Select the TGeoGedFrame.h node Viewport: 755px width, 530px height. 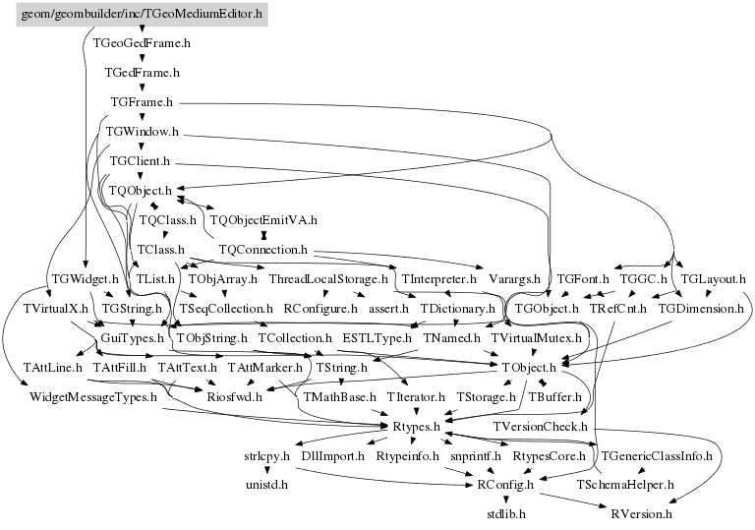point(143,43)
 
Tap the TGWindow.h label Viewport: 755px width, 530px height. point(143,131)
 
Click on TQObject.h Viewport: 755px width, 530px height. point(141,190)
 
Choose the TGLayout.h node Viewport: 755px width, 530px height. point(713,279)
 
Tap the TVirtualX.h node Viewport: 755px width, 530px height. point(50,309)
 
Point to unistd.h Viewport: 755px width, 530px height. point(266,485)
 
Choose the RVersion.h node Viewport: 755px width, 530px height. point(641,513)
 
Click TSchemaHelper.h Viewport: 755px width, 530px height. point(626,485)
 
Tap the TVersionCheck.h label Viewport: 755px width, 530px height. point(541,427)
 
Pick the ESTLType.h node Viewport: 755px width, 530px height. point(377,338)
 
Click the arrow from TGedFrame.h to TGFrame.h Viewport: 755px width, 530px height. point(143,87)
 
